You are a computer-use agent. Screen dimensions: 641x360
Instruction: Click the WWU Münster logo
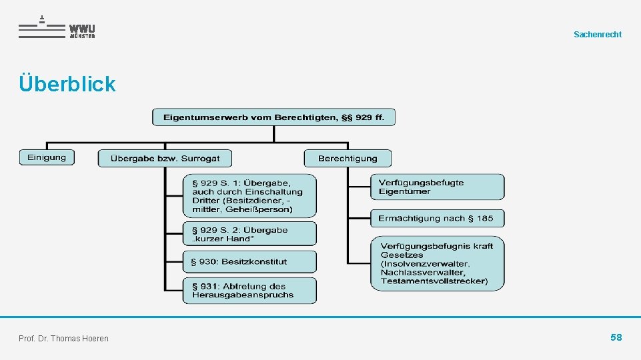click(x=57, y=27)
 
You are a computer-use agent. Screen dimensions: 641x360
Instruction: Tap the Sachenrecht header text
click(x=597, y=34)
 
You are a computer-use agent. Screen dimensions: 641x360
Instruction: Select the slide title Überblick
click(x=67, y=84)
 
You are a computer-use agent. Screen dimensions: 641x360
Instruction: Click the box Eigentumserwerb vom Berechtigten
click(x=273, y=117)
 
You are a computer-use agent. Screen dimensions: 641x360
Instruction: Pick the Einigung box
click(x=47, y=157)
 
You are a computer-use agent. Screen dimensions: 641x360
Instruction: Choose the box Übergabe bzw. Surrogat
click(x=165, y=158)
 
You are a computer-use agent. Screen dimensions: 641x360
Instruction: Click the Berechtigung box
click(x=348, y=158)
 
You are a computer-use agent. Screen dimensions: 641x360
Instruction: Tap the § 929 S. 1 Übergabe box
click(x=249, y=195)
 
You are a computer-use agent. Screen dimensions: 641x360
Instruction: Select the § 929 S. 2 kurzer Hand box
click(x=249, y=234)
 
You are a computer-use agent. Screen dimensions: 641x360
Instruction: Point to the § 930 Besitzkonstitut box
click(x=249, y=262)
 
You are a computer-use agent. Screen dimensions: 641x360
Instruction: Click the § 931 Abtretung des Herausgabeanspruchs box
click(x=249, y=291)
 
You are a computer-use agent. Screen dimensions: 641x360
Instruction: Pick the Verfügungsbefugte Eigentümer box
click(x=437, y=187)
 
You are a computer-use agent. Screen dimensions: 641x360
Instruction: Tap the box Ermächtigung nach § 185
click(x=437, y=218)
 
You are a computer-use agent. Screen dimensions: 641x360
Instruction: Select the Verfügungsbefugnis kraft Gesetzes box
click(x=437, y=263)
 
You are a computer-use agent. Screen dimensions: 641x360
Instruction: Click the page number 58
click(x=616, y=337)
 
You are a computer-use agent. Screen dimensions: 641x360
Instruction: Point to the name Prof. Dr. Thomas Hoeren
click(x=64, y=339)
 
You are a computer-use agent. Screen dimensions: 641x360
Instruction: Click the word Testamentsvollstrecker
click(x=433, y=281)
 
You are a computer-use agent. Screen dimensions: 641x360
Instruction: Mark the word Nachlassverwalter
click(x=423, y=272)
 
